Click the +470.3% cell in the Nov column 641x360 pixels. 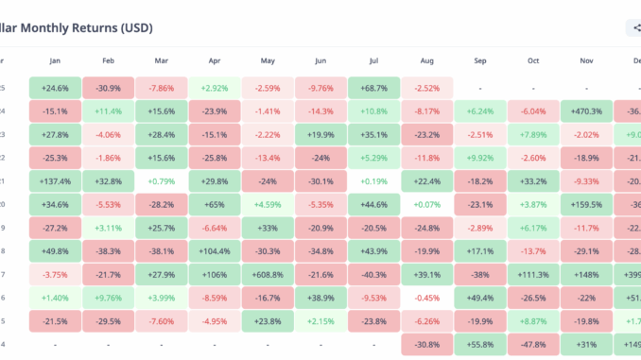click(x=586, y=111)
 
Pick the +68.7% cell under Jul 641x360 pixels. click(x=373, y=88)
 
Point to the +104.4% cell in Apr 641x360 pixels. click(x=215, y=250)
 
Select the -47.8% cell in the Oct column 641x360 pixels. click(x=533, y=344)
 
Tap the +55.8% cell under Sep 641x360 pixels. click(x=480, y=344)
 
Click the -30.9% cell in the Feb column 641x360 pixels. click(x=108, y=88)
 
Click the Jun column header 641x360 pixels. click(x=320, y=61)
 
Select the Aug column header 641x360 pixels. click(x=426, y=61)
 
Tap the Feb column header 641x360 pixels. click(x=108, y=61)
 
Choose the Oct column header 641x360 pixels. click(x=533, y=61)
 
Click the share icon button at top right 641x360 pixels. click(x=632, y=28)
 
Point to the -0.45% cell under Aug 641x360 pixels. click(x=426, y=298)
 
